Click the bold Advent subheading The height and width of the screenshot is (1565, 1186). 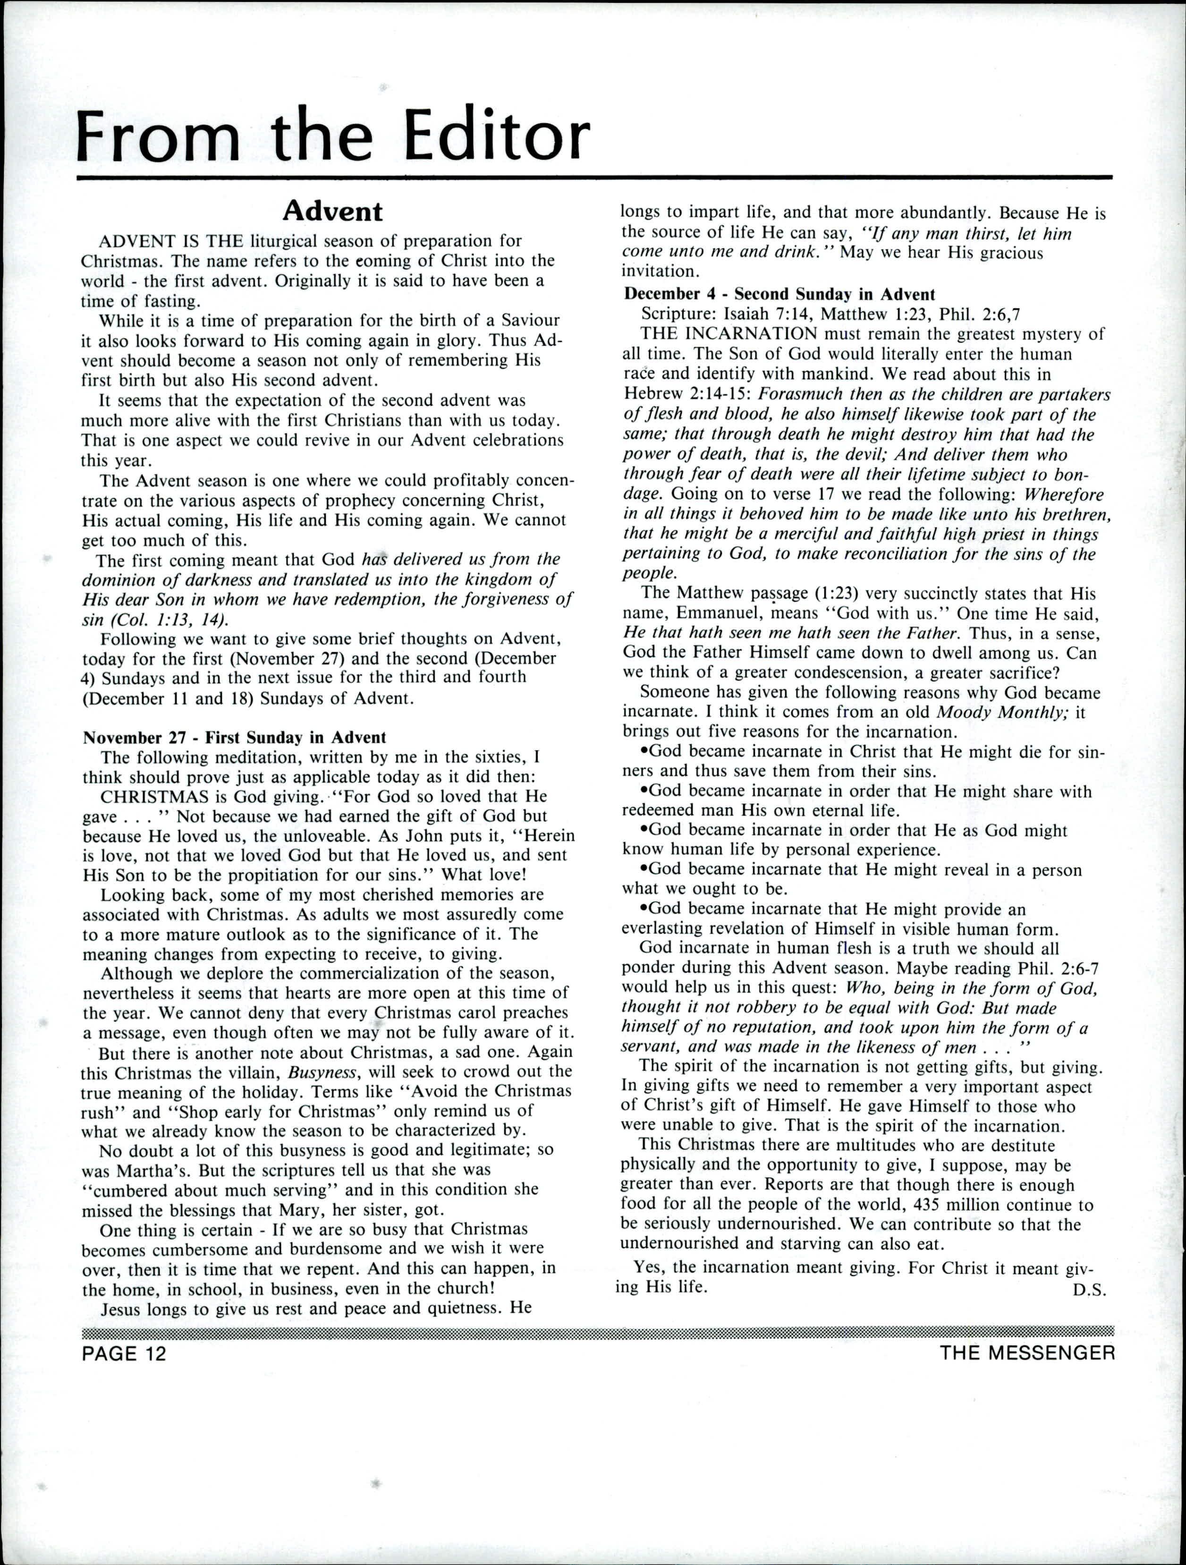(332, 211)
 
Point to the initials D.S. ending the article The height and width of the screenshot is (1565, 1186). (1088, 1290)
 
